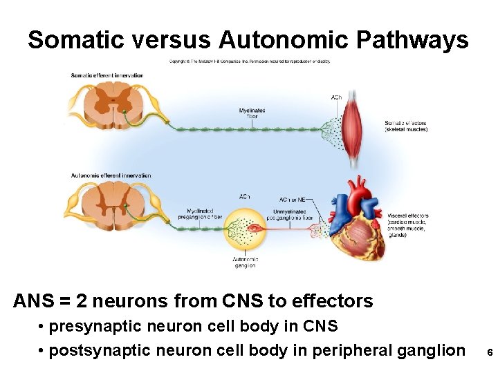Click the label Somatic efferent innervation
107,75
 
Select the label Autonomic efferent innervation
111,175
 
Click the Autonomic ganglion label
245,262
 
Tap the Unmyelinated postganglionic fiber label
293,214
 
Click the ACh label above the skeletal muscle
336,97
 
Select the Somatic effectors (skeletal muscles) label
406,126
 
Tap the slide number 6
489,352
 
